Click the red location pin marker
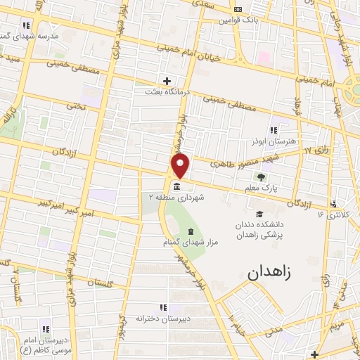pos(181,166)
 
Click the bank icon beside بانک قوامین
pos(237,10)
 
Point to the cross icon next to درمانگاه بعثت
pos(167,80)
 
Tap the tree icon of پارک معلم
pos(262,178)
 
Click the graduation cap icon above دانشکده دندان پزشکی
pos(259,214)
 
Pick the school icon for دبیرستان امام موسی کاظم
pos(46,329)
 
